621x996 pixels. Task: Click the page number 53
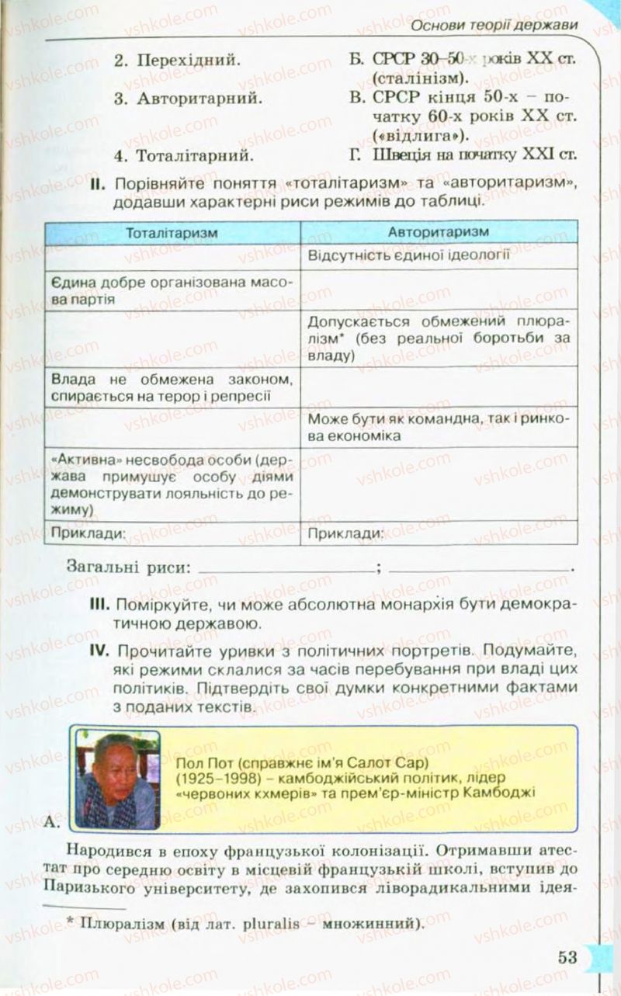(567, 956)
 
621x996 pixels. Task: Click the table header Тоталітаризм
(172, 232)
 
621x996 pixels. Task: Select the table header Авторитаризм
(439, 232)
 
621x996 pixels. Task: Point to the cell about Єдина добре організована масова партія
(172, 290)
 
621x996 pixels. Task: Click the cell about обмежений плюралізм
(439, 338)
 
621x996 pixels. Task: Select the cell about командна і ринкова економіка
(439, 427)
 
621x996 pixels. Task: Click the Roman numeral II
(97, 184)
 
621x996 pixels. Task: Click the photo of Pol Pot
(117, 779)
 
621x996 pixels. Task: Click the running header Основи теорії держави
(494, 26)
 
